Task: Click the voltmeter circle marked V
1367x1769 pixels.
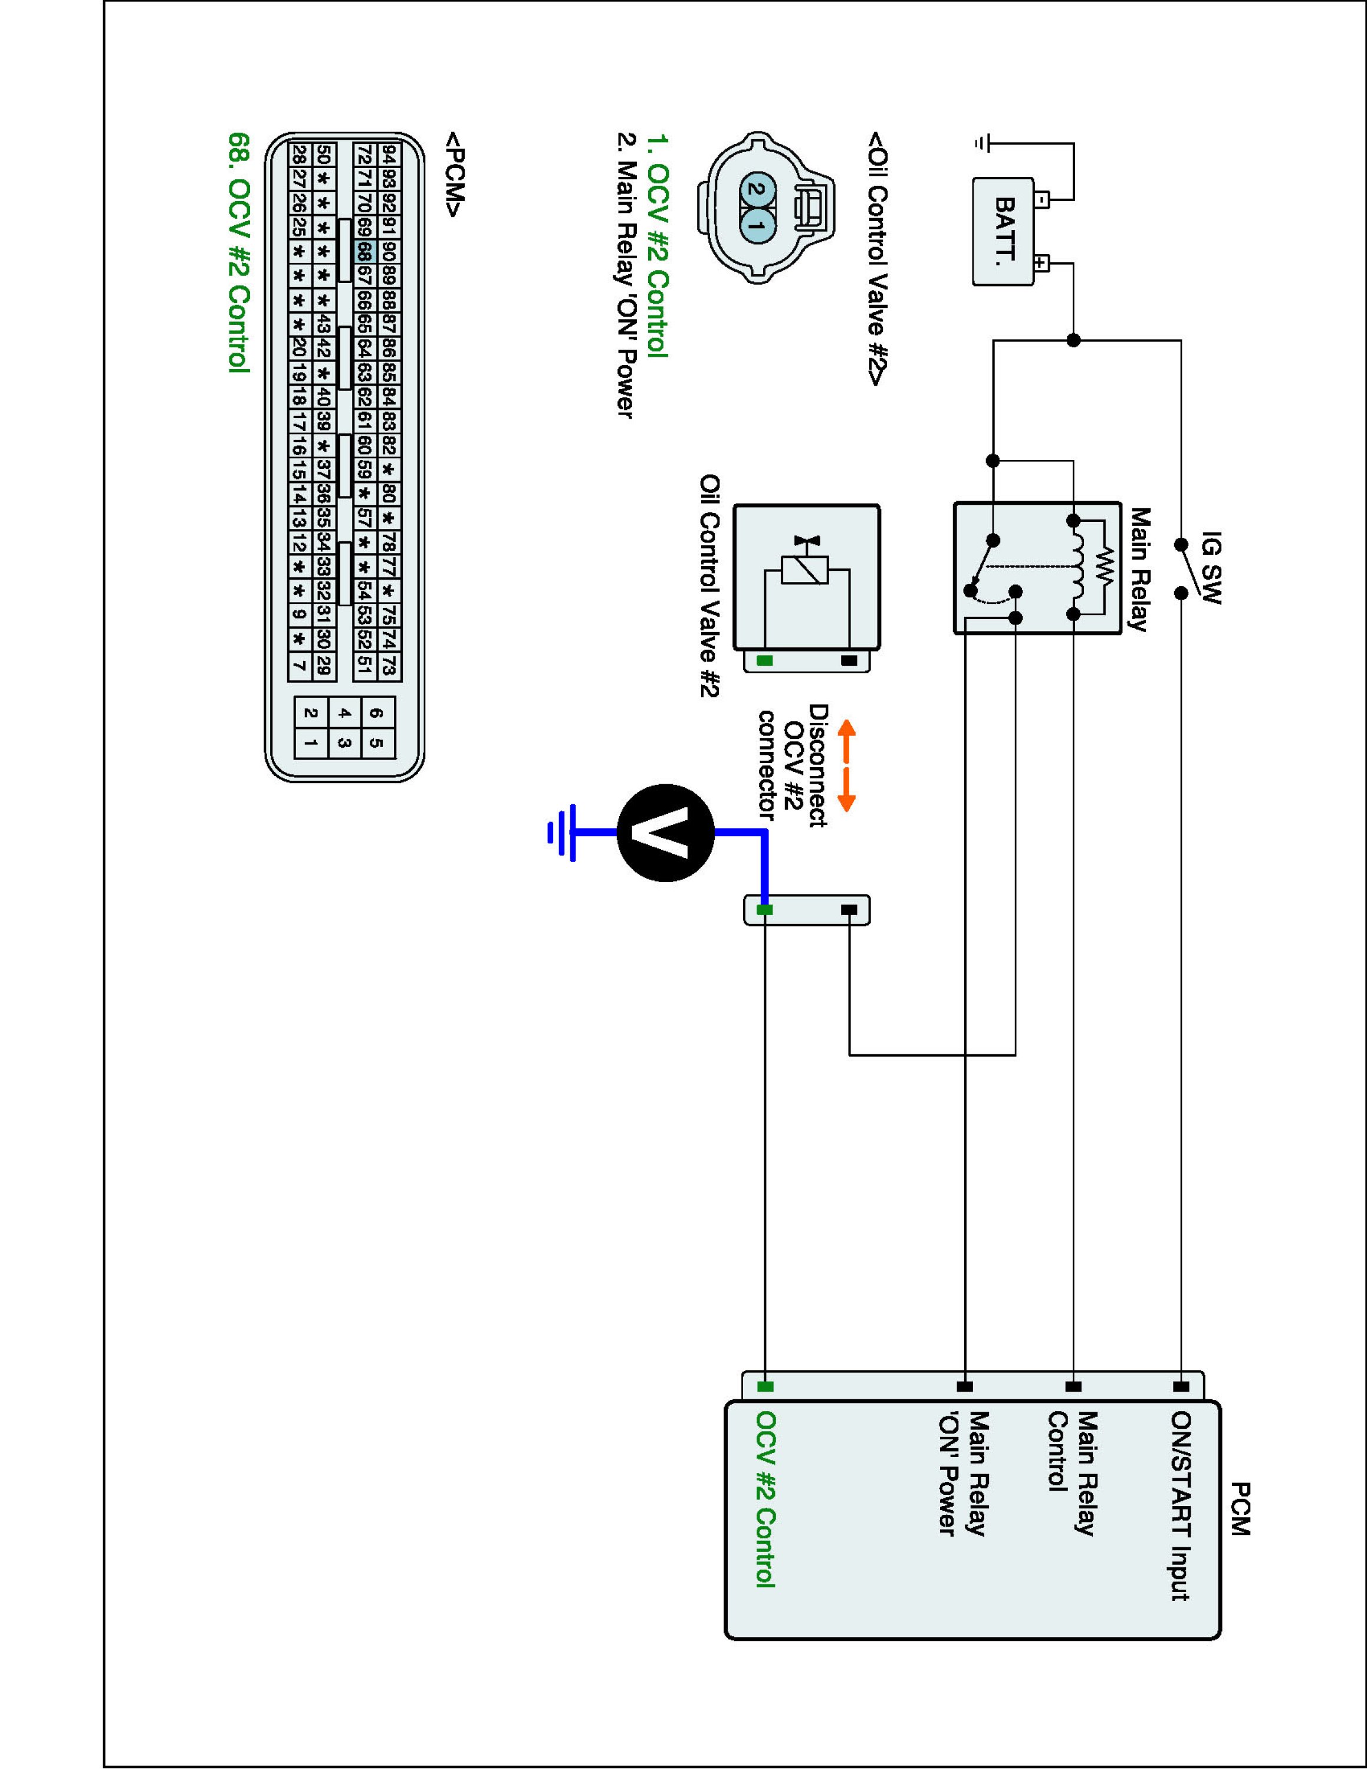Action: pyautogui.click(x=666, y=833)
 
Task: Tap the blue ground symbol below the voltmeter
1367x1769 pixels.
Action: pyautogui.click(x=563, y=832)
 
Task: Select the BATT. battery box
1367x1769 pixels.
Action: pyautogui.click(x=1003, y=232)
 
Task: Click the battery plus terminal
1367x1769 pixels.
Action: pyautogui.click(x=1041, y=263)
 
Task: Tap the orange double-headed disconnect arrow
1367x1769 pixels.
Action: pyautogui.click(x=846, y=765)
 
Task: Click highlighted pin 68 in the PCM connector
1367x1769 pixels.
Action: pyautogui.click(x=364, y=251)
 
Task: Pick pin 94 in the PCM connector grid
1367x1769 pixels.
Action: pyautogui.click(x=390, y=154)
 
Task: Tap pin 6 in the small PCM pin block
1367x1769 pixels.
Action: pyautogui.click(x=377, y=713)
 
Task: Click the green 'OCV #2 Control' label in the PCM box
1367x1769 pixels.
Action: pyautogui.click(x=766, y=1498)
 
